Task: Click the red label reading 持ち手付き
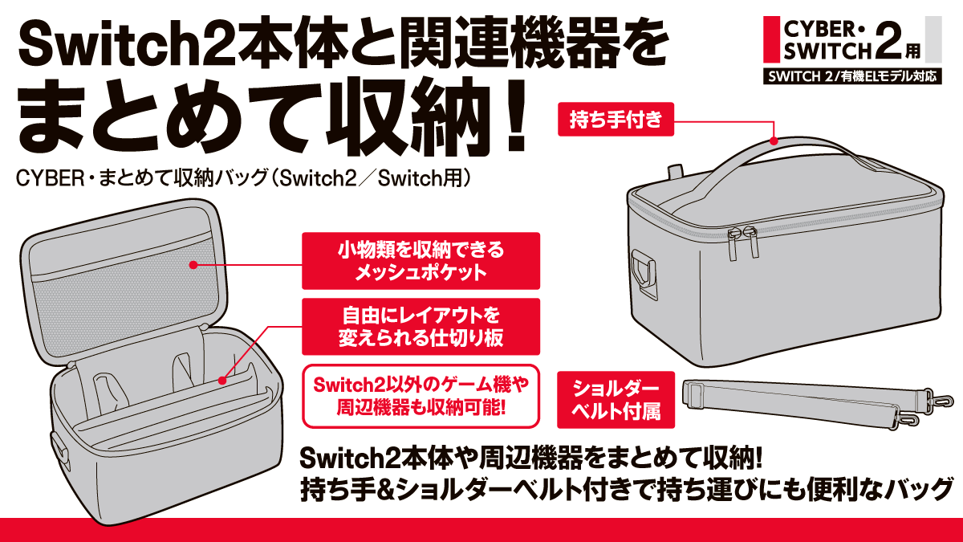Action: coord(616,122)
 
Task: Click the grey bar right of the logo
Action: coord(933,38)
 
